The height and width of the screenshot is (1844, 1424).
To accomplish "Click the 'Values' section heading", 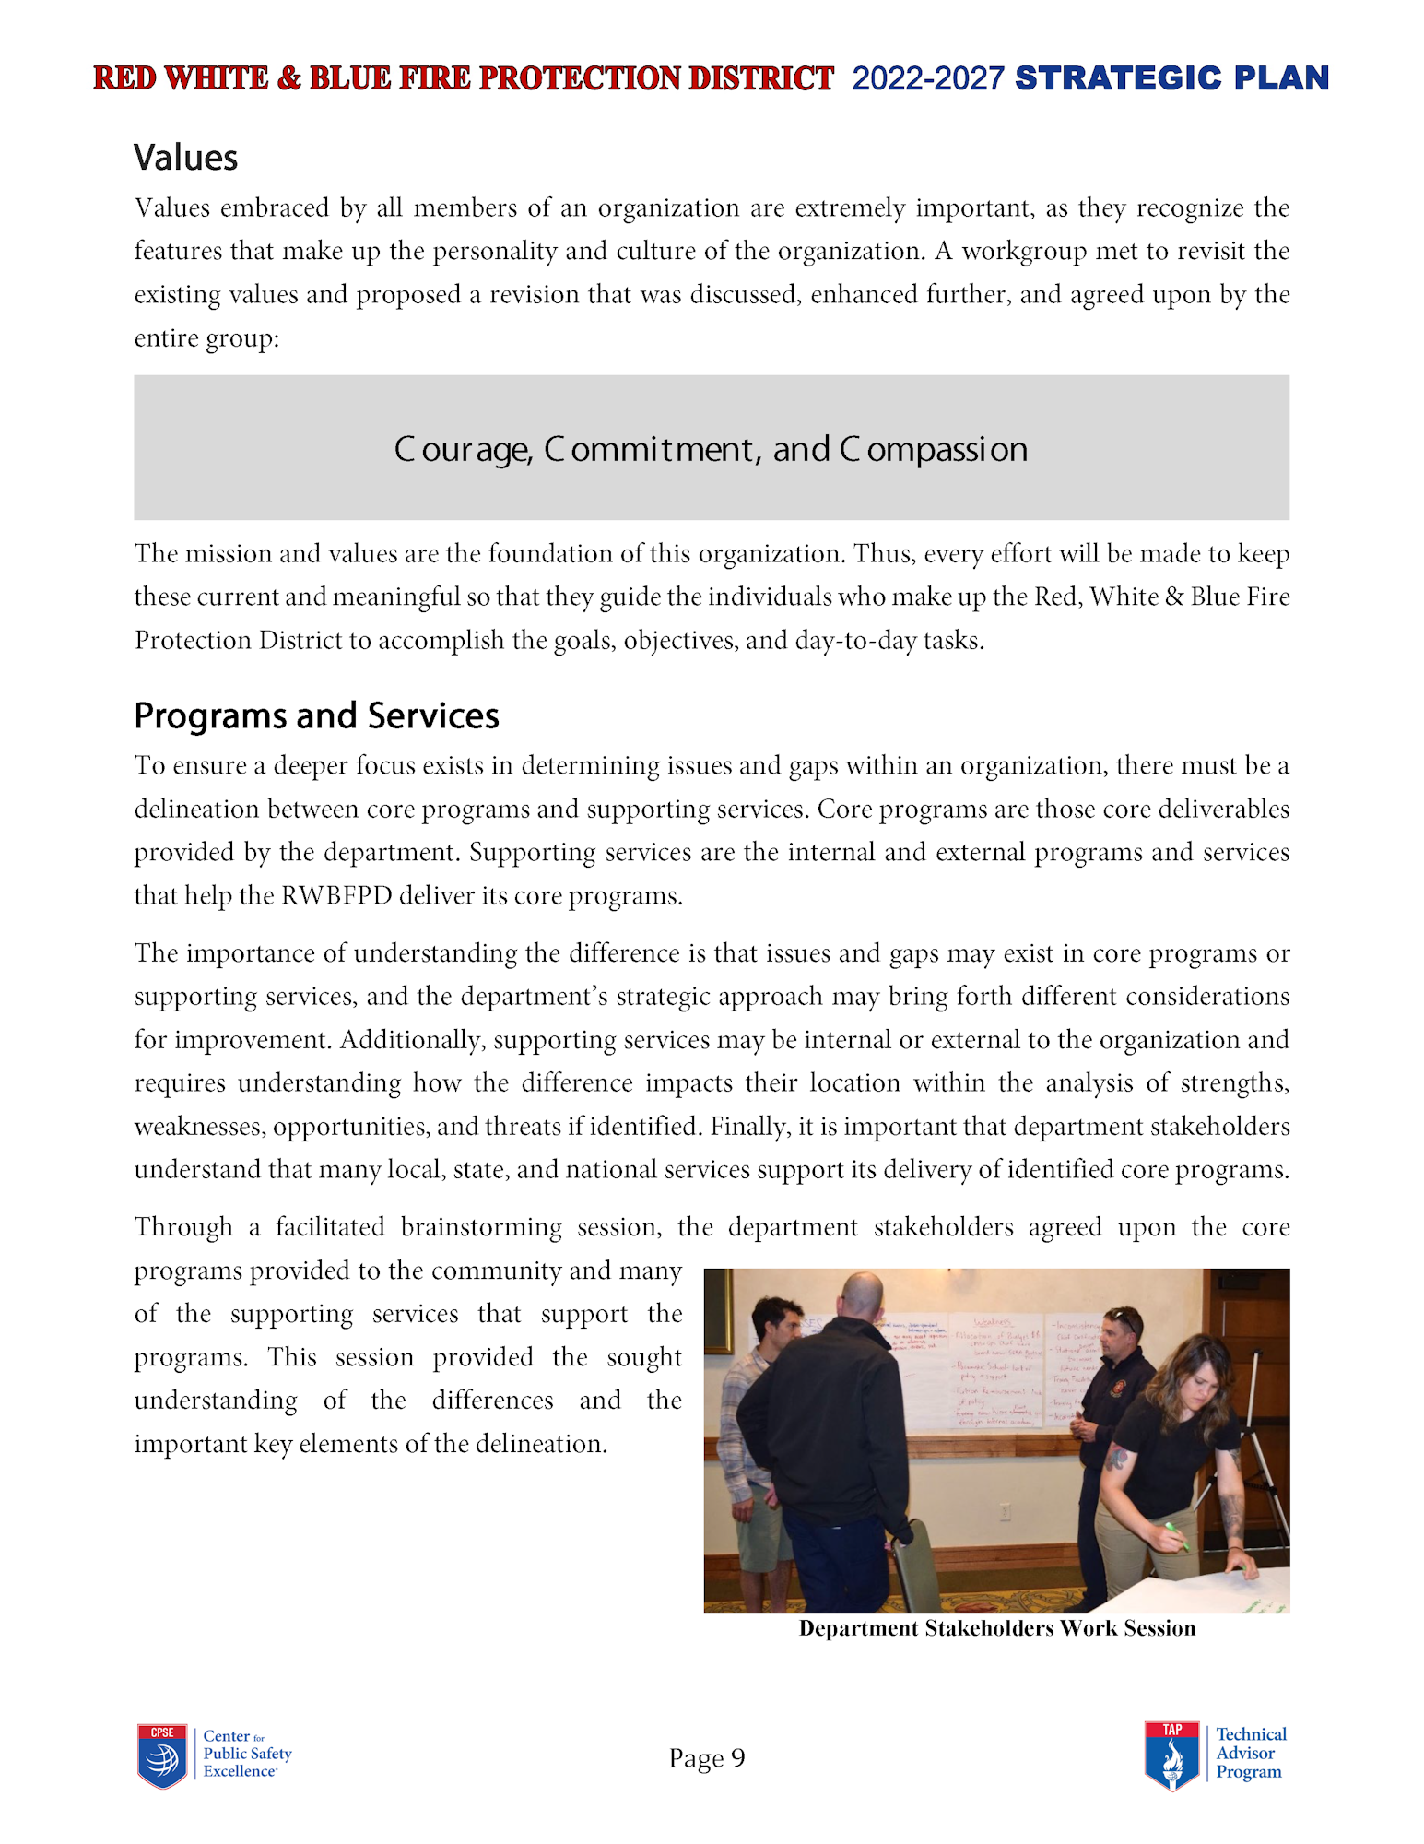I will tap(185, 158).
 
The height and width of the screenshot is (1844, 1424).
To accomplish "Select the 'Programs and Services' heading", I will tap(316, 715).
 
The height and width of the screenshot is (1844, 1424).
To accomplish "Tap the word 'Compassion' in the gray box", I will tap(933, 449).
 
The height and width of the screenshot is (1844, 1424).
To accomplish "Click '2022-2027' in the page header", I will tap(927, 78).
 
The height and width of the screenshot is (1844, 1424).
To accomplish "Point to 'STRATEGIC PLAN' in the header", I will tap(1171, 78).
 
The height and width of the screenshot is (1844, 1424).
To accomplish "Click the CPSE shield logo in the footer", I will tap(162, 1755).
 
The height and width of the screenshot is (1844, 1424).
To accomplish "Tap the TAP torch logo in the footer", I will tap(1171, 1755).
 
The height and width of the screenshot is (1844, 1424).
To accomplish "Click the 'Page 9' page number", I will tap(707, 1758).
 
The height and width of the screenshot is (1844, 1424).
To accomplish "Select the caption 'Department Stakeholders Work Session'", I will tap(996, 1628).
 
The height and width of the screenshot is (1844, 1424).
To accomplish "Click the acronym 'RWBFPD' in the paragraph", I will tap(336, 895).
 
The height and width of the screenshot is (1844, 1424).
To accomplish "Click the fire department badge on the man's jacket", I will tap(1118, 1388).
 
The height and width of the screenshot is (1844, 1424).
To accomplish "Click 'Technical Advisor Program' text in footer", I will tap(1250, 1754).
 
